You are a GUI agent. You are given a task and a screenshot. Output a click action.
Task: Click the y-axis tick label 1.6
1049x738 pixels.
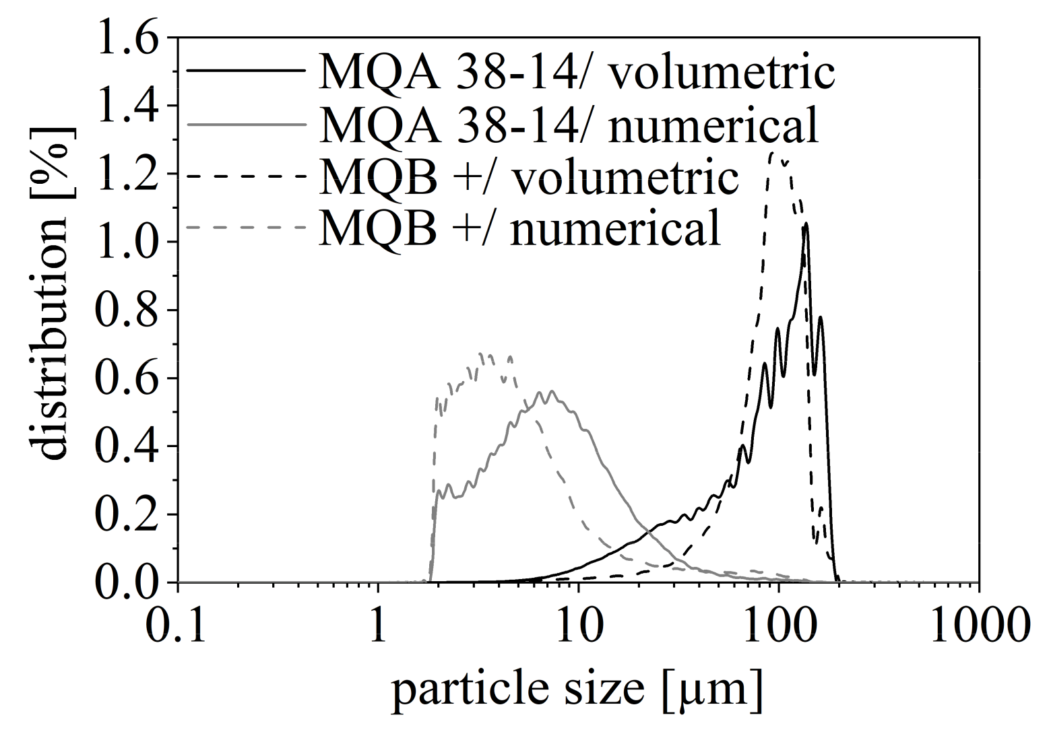[128, 38]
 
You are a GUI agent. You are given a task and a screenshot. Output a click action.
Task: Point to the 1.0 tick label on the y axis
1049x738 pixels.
[128, 242]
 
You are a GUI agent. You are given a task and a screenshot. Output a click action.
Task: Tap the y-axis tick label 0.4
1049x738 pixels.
[128, 446]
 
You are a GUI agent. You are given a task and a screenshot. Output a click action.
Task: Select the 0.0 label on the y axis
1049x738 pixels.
[128, 582]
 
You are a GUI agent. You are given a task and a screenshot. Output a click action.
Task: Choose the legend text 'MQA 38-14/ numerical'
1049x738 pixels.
[569, 124]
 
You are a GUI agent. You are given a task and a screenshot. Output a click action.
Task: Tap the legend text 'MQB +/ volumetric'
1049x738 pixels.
[529, 176]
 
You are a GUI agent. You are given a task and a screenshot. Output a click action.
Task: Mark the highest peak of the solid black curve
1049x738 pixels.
[805, 225]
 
